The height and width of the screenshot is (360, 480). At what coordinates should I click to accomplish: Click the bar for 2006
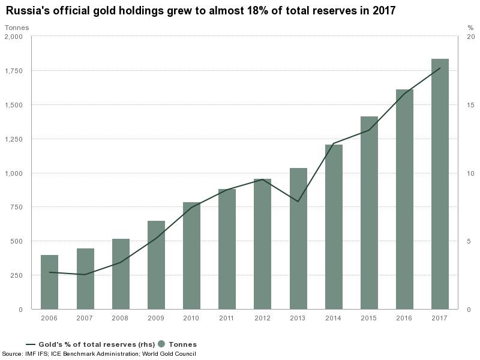(x=49, y=282)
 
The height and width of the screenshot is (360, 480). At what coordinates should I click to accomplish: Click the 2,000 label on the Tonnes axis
(x=13, y=37)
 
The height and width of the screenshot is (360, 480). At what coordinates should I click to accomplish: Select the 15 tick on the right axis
(x=470, y=105)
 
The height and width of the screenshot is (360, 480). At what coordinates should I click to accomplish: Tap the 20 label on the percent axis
(x=470, y=37)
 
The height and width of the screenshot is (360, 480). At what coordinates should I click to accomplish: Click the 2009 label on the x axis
(x=156, y=317)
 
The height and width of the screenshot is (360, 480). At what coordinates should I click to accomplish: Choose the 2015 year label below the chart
(x=369, y=317)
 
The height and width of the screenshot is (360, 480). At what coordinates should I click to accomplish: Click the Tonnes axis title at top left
(x=17, y=28)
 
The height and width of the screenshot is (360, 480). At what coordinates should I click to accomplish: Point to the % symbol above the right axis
(x=470, y=28)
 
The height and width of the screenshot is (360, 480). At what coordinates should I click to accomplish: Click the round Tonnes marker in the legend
(x=161, y=344)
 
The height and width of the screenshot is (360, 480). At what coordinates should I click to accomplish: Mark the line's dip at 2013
(x=298, y=202)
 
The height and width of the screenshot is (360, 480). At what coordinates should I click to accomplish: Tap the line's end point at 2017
(x=440, y=68)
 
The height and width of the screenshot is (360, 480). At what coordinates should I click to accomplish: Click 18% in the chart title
(x=272, y=11)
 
